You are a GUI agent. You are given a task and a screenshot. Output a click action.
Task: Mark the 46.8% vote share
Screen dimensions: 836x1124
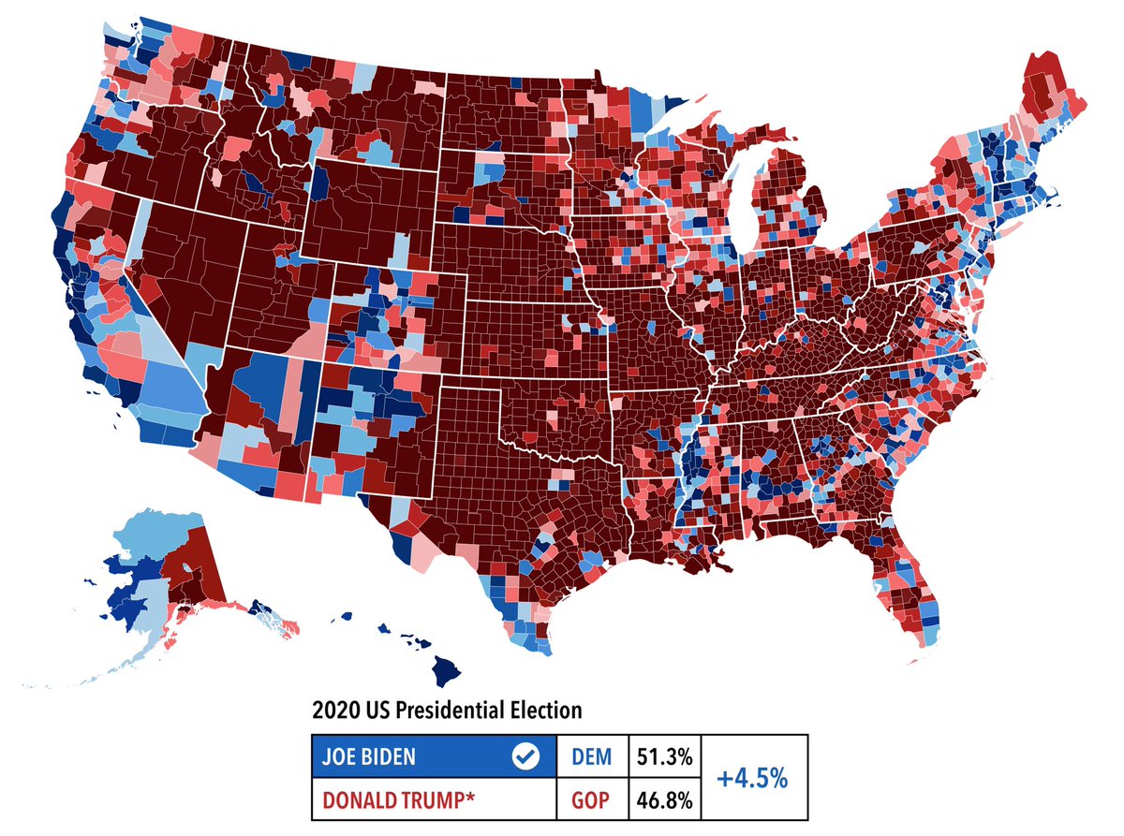[x=665, y=801]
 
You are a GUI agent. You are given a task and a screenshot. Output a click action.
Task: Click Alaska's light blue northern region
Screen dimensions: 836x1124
[x=150, y=534]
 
